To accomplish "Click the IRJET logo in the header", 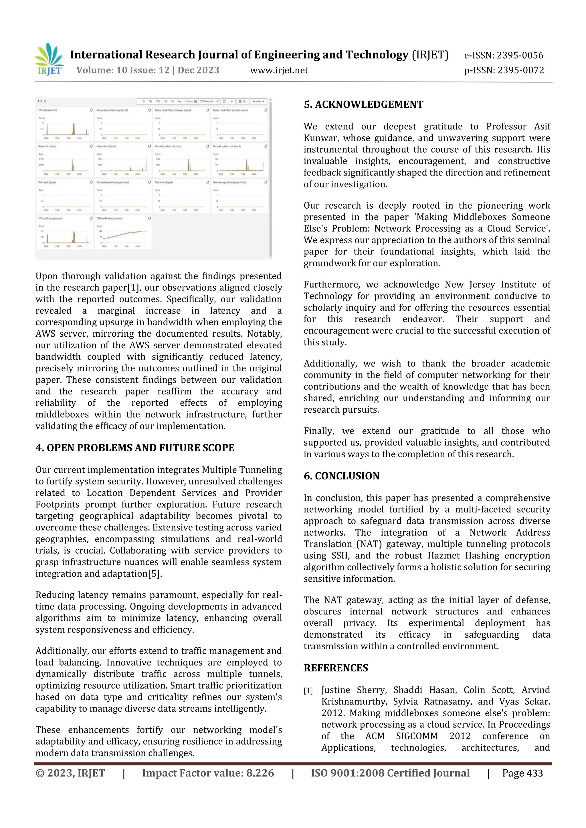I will coord(50,59).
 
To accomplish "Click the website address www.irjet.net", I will coord(279,70).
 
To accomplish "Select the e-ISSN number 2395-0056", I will coord(520,55).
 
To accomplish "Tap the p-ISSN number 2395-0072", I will coord(520,70).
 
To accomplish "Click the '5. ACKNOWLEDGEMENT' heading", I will coord(363,105).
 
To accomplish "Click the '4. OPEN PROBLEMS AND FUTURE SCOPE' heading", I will coord(135,448).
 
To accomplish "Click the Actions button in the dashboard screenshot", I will coord(258,101).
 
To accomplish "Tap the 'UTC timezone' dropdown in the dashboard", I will coord(209,101).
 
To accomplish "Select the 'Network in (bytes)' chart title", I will coord(47,146).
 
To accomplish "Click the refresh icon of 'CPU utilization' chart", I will coord(91,110).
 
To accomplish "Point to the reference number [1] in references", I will coord(308,691).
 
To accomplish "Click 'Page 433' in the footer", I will coord(522,773).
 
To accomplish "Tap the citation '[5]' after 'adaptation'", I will coord(154,574).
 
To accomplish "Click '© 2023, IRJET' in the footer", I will coord(70,773).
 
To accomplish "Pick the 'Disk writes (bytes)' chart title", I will coord(164,182).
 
